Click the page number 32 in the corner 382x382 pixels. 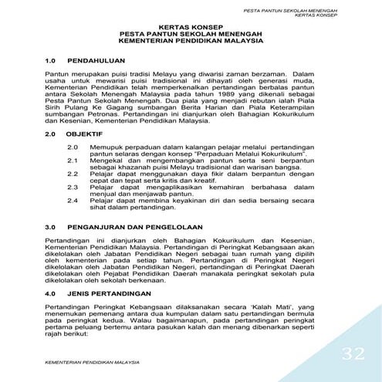(x=353, y=354)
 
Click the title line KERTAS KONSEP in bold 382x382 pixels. (x=190, y=25)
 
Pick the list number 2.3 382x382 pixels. (x=74, y=186)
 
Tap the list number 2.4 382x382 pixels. (x=74, y=200)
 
